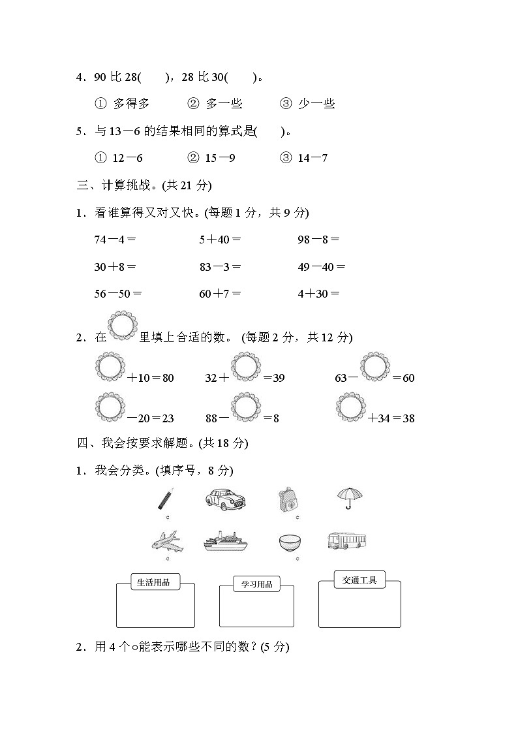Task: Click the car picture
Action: pyautogui.click(x=225, y=499)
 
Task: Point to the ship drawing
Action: pyautogui.click(x=226, y=542)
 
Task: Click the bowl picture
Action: pyautogui.click(x=290, y=542)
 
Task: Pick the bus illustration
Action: pyautogui.click(x=346, y=540)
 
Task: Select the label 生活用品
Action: pyautogui.click(x=154, y=582)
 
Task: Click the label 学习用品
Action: pyautogui.click(x=256, y=585)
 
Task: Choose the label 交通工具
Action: pyautogui.click(x=359, y=580)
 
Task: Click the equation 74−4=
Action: pyautogui.click(x=115, y=240)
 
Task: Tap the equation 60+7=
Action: pyautogui.click(x=221, y=294)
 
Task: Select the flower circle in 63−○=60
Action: pyautogui.click(x=376, y=367)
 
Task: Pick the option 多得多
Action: pyautogui.click(x=123, y=104)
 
